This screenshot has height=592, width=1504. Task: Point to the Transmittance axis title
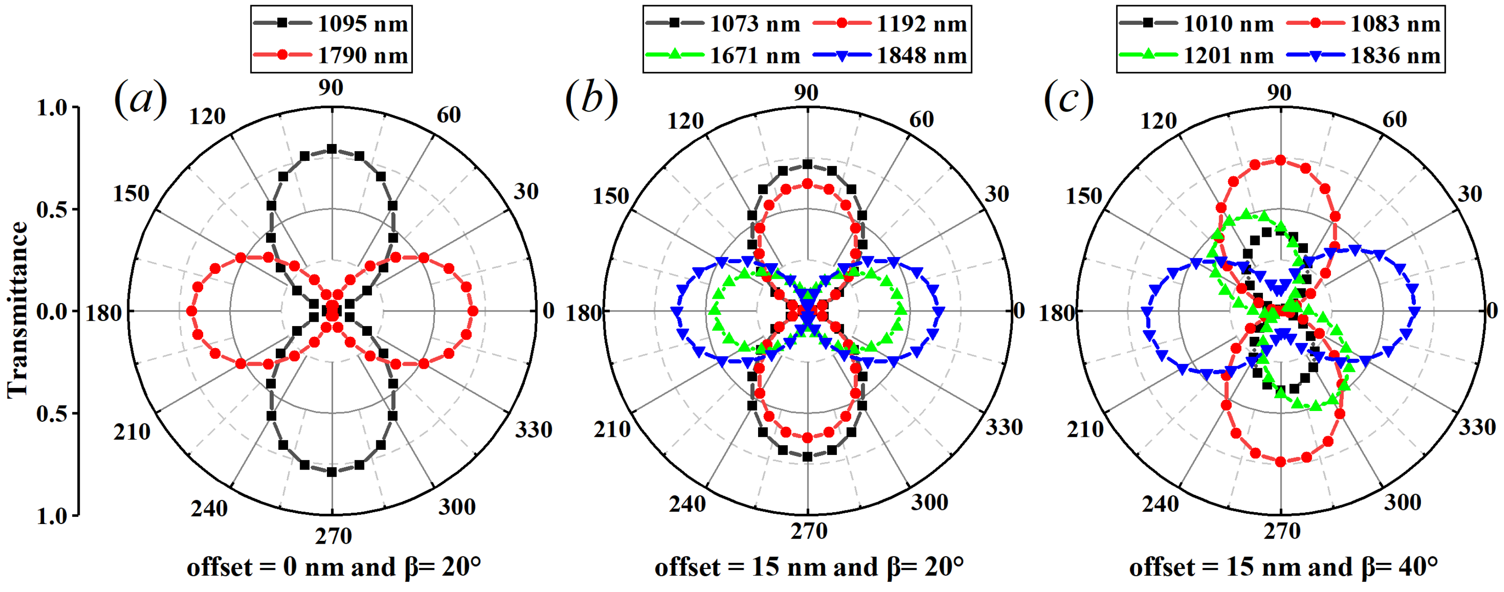[17, 310]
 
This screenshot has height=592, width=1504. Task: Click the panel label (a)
[140, 99]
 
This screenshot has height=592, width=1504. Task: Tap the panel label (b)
[591, 99]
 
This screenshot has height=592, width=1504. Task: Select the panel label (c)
[1069, 99]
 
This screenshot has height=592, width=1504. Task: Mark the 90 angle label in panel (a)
[331, 88]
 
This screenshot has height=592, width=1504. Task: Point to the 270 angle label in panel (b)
[809, 531]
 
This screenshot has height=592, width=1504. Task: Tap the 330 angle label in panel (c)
[1477, 427]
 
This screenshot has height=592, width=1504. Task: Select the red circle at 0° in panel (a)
[473, 311]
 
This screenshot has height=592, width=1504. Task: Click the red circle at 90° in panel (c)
[1280, 160]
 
